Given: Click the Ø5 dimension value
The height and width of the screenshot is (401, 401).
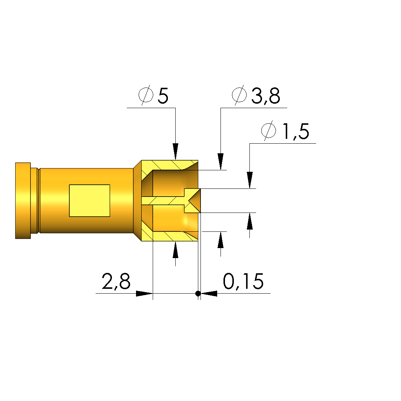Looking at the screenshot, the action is click(153, 96).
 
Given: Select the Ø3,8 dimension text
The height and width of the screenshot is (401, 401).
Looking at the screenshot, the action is click(256, 95).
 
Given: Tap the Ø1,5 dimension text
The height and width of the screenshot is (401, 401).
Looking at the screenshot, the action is click(285, 131).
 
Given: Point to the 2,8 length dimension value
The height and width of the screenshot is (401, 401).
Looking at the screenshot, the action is click(116, 281).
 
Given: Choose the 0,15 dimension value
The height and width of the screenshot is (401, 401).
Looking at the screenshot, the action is click(243, 281).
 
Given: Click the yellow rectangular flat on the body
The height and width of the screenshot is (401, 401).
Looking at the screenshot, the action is click(90, 201).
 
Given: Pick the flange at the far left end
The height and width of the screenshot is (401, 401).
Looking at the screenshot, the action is click(23, 201).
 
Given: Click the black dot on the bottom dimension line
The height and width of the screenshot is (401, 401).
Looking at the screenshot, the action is click(198, 293).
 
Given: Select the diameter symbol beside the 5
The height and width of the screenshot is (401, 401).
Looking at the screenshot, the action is click(146, 95).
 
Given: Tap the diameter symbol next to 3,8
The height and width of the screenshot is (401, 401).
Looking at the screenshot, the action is click(239, 95).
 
